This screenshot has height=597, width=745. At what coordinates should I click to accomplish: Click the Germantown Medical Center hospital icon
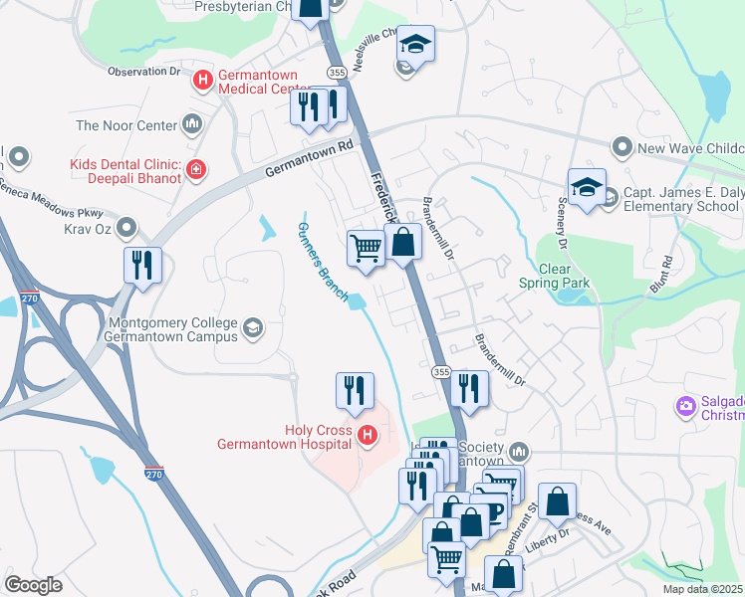203,80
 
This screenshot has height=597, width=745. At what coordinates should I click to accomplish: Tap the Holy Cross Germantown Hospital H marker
368,435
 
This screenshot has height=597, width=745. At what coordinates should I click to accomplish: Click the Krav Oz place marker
126,230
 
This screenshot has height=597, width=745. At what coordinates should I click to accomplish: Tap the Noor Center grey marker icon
192,125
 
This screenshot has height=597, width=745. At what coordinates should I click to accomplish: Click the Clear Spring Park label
554,276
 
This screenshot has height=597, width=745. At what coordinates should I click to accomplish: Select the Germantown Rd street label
310,159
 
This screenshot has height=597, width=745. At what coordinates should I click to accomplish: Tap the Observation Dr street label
143,72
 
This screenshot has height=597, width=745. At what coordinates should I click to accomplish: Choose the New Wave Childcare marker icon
622,148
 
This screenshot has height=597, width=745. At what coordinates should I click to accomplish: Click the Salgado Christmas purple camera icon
685,405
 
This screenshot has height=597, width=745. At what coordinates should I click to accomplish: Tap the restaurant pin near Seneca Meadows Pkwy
142,266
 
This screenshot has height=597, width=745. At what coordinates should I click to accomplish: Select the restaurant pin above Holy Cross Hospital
355,391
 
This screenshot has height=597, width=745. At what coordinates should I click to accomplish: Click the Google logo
33,585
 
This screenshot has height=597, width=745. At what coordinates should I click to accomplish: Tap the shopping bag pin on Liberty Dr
557,501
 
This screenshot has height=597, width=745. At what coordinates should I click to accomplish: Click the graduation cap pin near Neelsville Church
415,45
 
